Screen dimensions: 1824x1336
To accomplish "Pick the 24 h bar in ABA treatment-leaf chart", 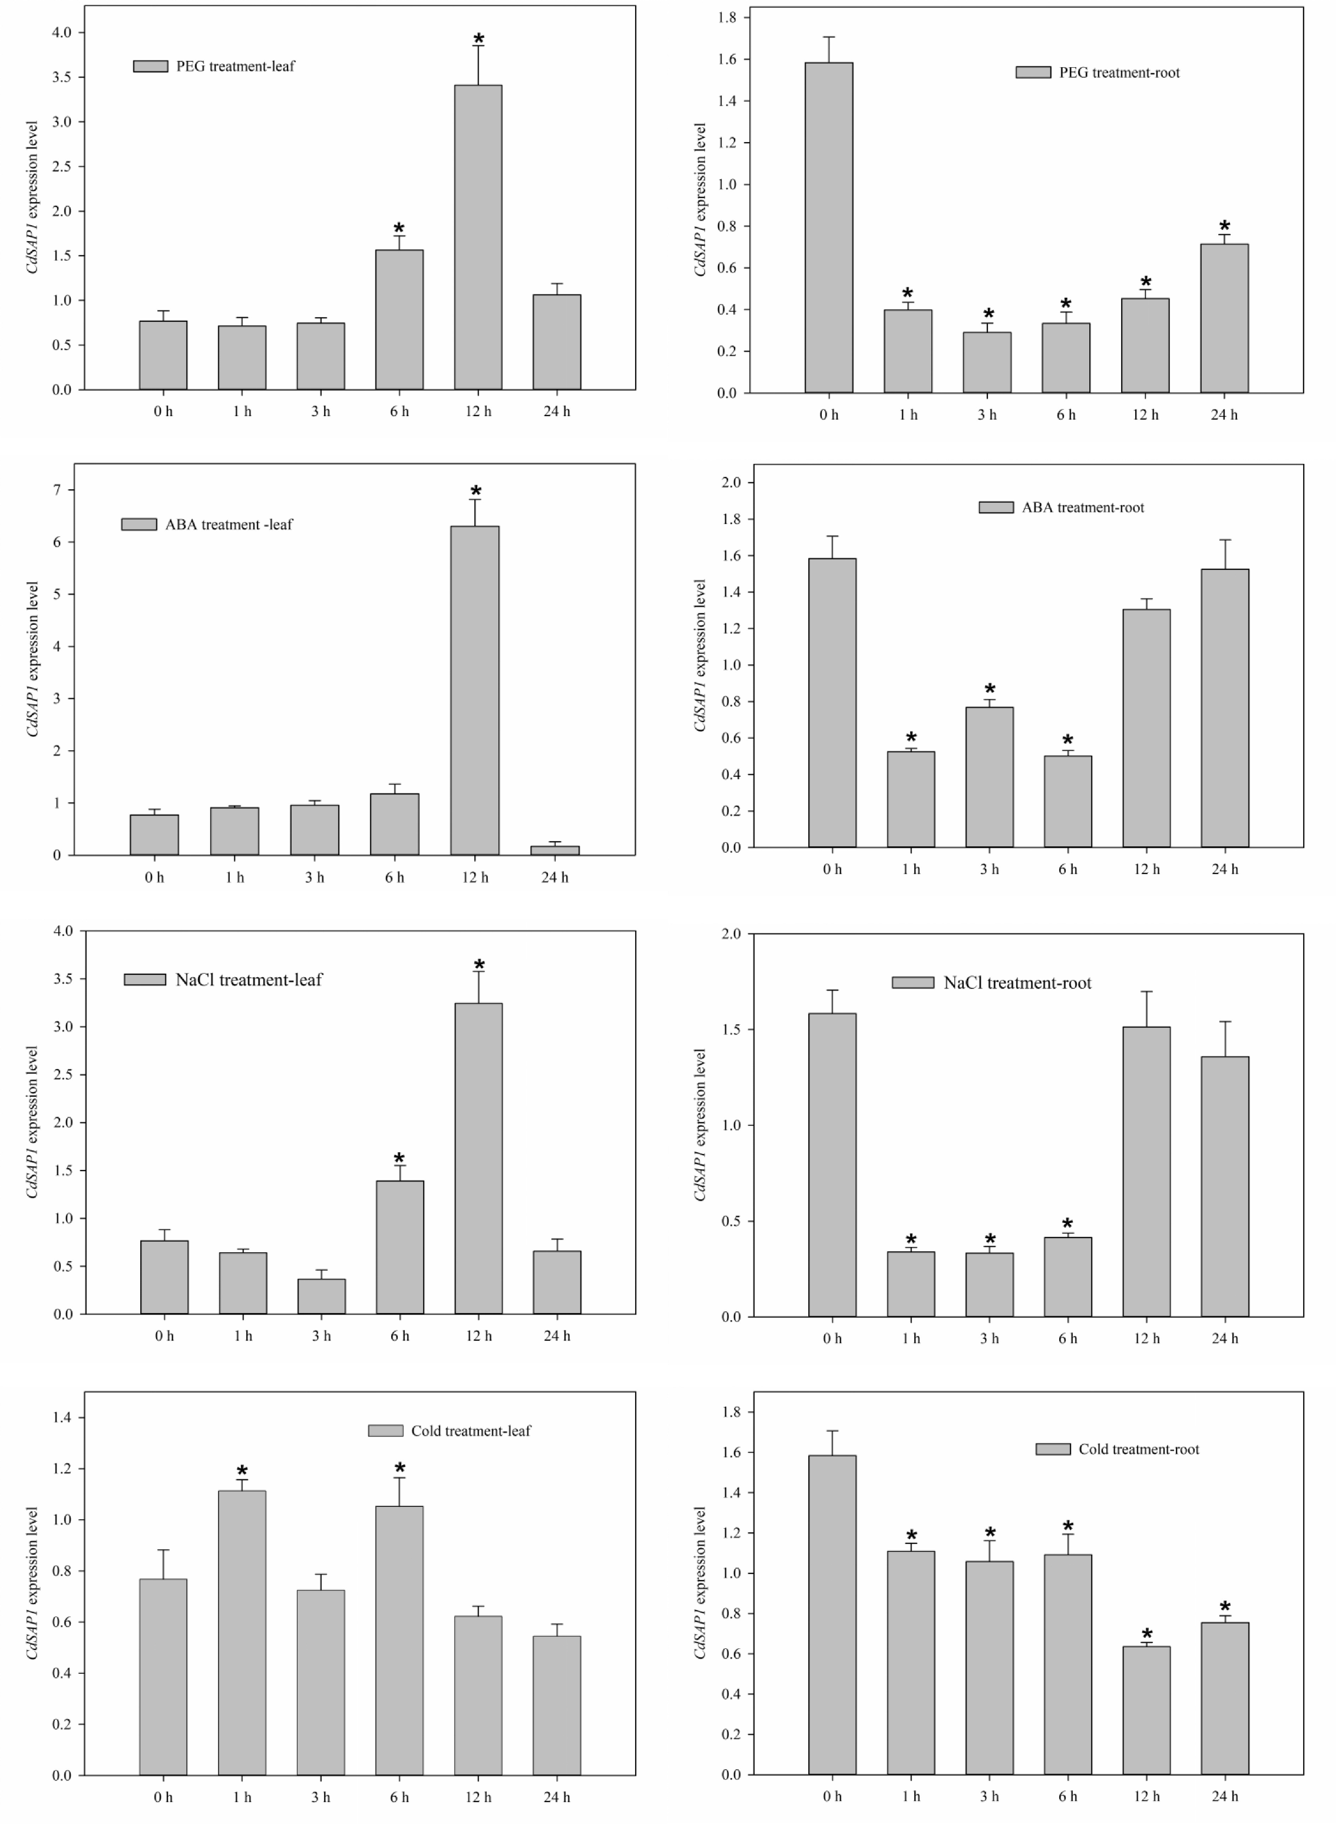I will (555, 850).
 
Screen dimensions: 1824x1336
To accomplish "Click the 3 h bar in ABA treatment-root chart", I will (989, 776).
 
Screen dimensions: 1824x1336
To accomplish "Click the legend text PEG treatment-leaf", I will (235, 66).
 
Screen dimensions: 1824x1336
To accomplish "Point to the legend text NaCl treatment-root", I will (1017, 983).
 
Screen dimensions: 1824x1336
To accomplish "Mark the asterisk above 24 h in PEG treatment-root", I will (1224, 227).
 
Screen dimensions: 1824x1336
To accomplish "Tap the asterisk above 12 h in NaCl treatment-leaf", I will (479, 965).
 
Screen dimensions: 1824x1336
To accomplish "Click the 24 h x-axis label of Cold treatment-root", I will (1224, 1796).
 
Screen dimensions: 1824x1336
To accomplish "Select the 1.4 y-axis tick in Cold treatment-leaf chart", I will (61, 1417).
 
